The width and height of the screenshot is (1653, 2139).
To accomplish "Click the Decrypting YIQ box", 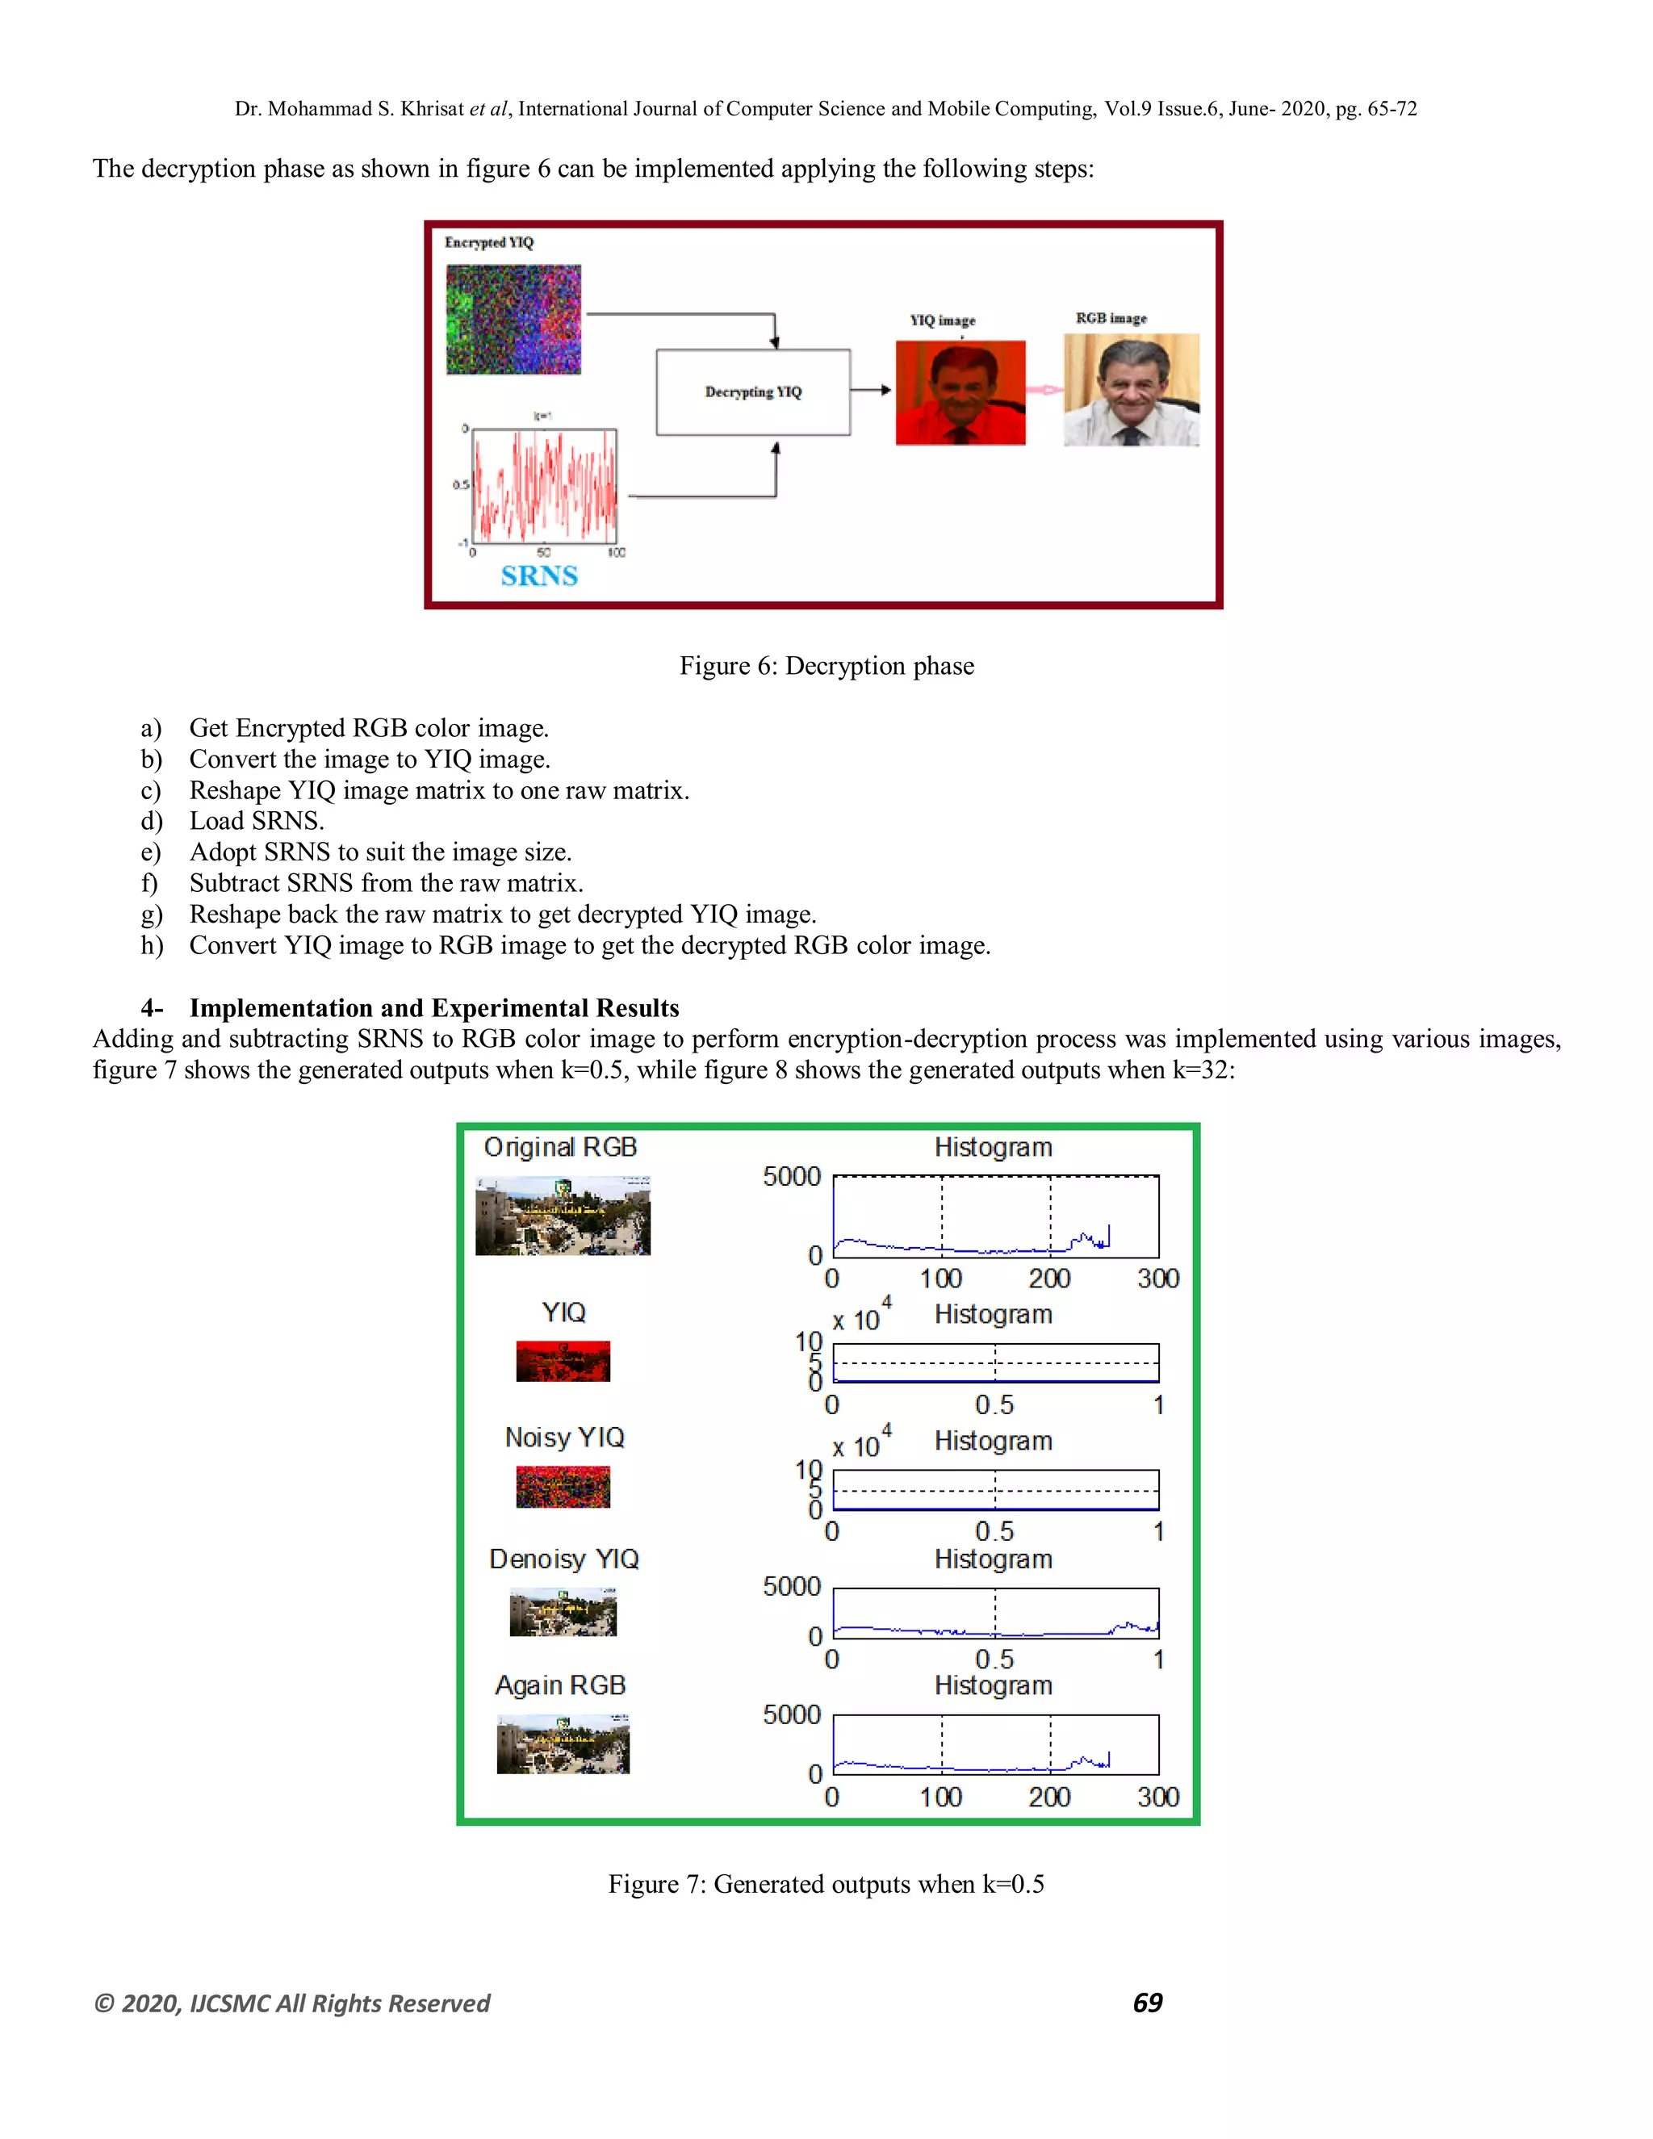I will (x=752, y=391).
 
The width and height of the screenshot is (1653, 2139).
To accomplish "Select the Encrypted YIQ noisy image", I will (x=513, y=320).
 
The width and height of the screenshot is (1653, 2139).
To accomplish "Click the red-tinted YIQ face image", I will (x=960, y=393).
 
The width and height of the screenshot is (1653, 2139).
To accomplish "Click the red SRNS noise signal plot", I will (x=545, y=487).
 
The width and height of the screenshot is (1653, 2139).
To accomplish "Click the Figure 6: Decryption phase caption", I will (x=826, y=666).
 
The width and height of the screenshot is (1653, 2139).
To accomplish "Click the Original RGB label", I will (x=560, y=1147).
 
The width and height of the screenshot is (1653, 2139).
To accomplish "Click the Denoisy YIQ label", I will (x=563, y=1559).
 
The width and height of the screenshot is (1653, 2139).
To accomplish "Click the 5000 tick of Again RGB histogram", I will (x=791, y=1715).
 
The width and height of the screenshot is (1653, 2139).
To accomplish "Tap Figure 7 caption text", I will (x=826, y=1885).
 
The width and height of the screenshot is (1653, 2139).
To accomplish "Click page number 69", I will (x=1147, y=2003).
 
